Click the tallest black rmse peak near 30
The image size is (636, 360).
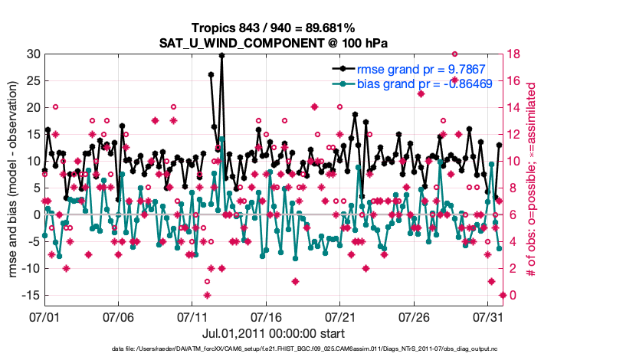[x=221, y=55]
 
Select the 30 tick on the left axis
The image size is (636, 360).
[x=34, y=54]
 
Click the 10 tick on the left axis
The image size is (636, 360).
[x=34, y=161]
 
